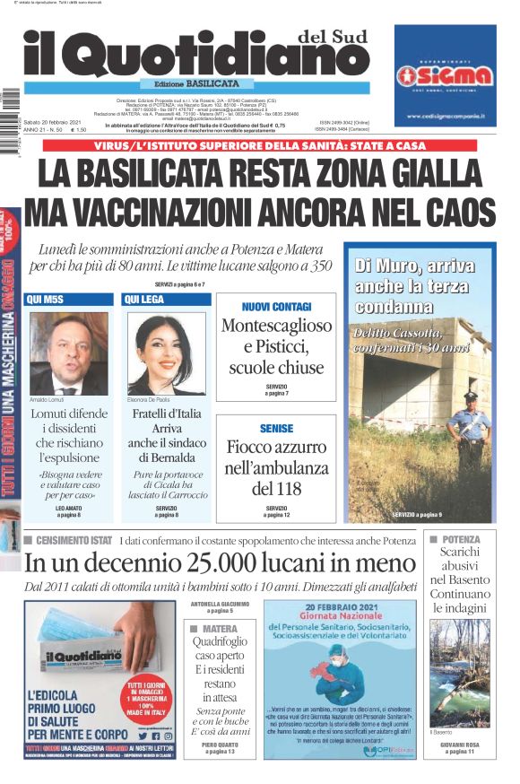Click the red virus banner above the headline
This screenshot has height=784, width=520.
tap(259, 144)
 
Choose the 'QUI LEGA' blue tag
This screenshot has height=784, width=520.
tap(145, 299)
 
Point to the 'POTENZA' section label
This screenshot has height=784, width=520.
tap(459, 540)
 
